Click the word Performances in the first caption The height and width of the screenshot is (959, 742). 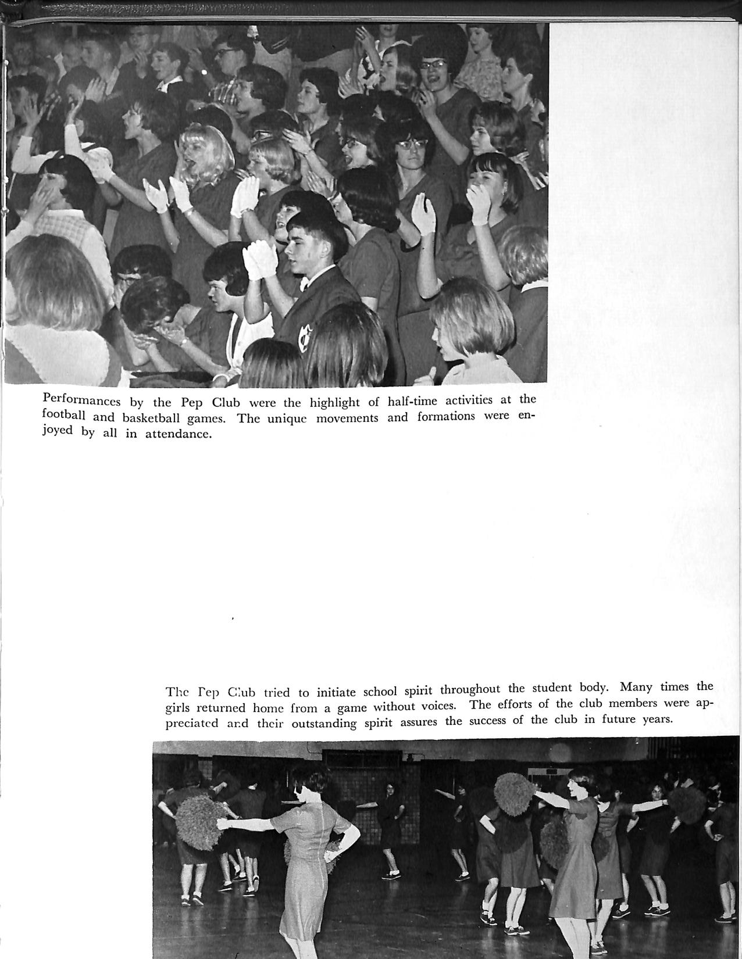[x=81, y=401]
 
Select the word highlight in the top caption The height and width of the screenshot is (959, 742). [x=334, y=402]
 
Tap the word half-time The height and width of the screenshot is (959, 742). [x=412, y=400]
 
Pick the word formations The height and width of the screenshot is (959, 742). [x=448, y=417]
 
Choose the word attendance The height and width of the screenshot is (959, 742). [x=177, y=434]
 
